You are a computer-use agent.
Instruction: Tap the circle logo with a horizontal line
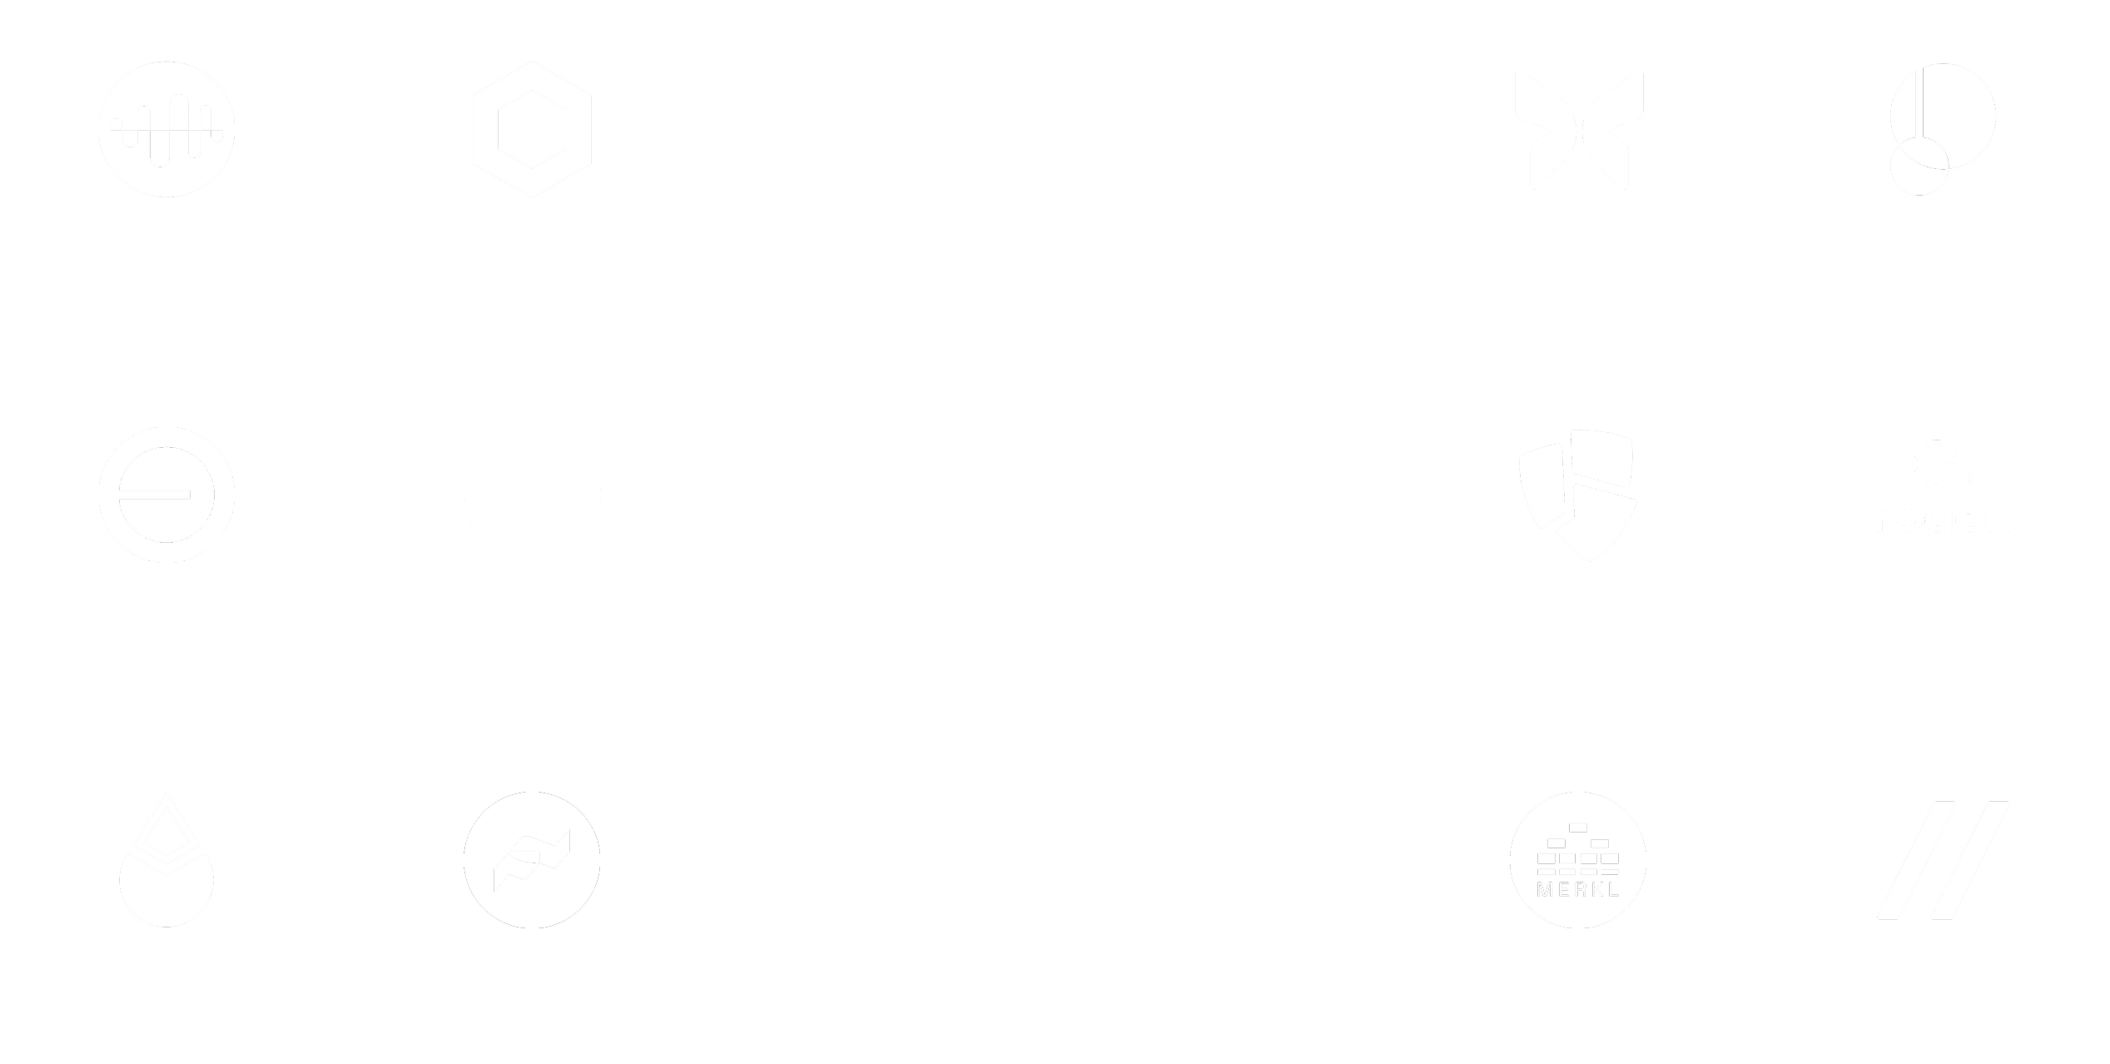(x=166, y=495)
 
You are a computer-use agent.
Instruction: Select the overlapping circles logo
(x=1943, y=133)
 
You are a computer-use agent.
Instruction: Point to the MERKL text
(x=1578, y=889)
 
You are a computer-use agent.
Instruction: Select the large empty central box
(x=1055, y=531)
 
